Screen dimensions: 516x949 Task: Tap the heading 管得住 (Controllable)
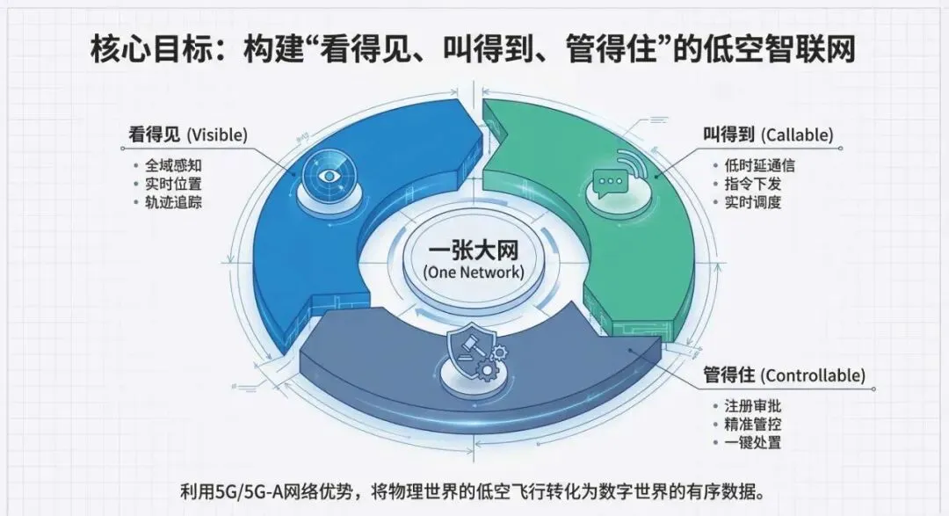[x=783, y=375]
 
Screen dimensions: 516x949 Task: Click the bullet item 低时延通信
[x=754, y=165]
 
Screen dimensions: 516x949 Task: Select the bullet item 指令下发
[x=747, y=184]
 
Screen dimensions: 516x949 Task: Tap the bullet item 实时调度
[x=747, y=202]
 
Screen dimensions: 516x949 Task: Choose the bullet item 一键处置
[x=752, y=443]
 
